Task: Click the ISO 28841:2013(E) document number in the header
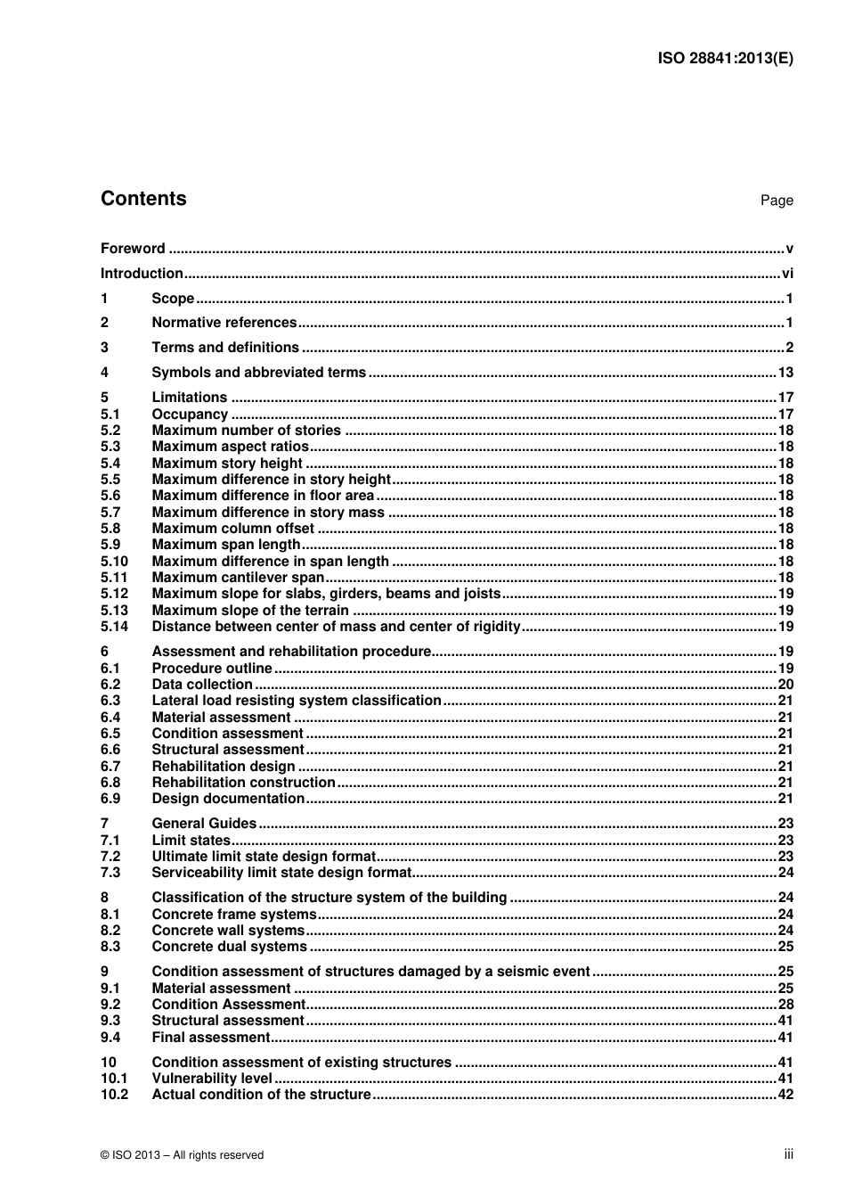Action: [x=725, y=59]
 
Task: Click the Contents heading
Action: [x=143, y=199]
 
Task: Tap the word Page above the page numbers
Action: [x=776, y=201]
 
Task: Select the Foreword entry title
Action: [x=133, y=249]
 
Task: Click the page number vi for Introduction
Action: [x=786, y=274]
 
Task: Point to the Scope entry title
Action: [x=173, y=299]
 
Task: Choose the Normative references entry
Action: [x=224, y=323]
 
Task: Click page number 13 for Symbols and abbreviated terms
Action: [x=785, y=373]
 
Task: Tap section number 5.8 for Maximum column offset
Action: [x=110, y=529]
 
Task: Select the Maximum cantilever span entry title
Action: [x=238, y=578]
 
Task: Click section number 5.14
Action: [x=114, y=627]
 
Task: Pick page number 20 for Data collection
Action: [x=785, y=685]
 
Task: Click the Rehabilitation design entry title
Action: [x=223, y=767]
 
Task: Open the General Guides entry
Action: [x=204, y=824]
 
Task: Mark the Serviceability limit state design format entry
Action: [x=281, y=873]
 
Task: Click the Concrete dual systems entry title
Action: [x=229, y=947]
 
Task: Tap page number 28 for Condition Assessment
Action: [x=785, y=1005]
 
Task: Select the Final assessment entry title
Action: [x=210, y=1038]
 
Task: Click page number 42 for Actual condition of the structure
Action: [x=785, y=1095]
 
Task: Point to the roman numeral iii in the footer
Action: [x=788, y=1154]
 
